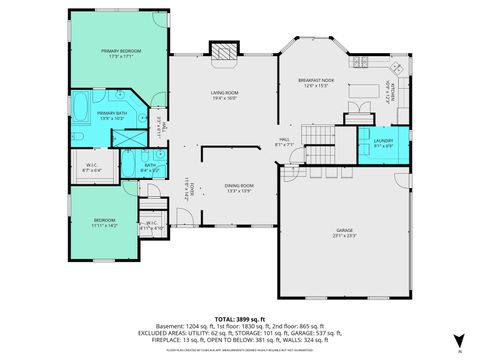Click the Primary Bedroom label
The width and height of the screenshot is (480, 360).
122,52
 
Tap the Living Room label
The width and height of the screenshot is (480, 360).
223,96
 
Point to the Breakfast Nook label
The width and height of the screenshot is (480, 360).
315,82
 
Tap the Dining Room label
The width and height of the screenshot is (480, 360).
238,187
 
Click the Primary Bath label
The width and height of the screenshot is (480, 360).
112,116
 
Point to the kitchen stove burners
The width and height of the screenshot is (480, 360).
401,72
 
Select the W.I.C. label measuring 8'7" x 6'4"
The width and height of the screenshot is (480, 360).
92,168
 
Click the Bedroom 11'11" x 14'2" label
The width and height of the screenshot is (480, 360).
105,222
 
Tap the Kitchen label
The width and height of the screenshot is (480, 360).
391,94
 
